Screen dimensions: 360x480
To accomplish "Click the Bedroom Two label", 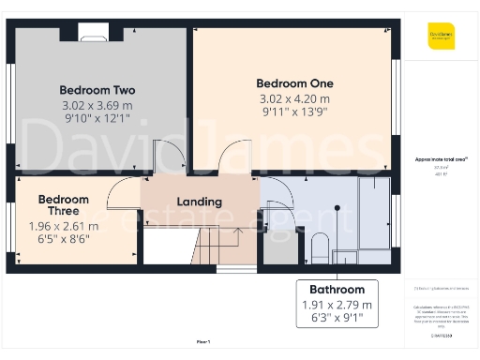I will (x=97, y=90).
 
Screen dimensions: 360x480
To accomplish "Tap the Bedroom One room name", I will (x=295, y=83).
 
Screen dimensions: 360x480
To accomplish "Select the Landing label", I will (x=200, y=202).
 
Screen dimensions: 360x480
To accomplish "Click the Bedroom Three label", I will (x=64, y=205).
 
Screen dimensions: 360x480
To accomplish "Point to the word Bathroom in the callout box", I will (x=337, y=290).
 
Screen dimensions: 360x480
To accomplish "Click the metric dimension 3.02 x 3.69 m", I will (x=97, y=105).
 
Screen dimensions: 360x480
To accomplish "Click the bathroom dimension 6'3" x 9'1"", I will (x=337, y=320).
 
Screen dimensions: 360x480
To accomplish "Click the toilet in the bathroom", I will (x=319, y=248).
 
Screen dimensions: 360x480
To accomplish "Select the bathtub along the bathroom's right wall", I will (x=376, y=215).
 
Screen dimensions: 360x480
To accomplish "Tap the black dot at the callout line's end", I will (x=337, y=207).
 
